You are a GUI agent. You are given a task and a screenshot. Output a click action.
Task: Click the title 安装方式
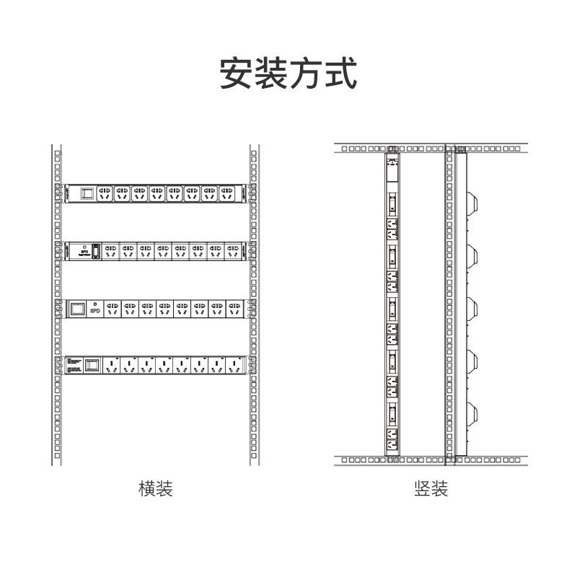coord(288,74)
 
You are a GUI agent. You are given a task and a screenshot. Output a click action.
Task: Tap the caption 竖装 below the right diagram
coord(431,489)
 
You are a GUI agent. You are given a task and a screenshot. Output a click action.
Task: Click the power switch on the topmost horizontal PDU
coord(87,193)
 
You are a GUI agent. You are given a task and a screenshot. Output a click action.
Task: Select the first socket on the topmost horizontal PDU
coord(105,193)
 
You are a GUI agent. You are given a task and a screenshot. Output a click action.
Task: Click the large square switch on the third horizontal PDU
coord(76,309)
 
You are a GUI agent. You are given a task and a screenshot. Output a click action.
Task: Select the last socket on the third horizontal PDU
coord(234,309)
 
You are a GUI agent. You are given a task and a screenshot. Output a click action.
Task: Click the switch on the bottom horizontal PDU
coord(92,364)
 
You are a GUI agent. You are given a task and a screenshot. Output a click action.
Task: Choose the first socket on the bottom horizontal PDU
coord(112,364)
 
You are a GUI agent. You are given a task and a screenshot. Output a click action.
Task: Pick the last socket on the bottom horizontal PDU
coord(234,364)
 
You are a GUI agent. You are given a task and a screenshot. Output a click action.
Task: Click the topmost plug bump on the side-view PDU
coord(473,201)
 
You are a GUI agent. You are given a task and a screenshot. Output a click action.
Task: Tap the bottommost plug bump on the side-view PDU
coord(473,413)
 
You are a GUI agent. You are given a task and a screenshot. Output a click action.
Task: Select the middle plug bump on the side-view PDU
coord(473,307)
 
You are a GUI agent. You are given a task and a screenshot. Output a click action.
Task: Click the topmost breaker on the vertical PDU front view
coord(392,203)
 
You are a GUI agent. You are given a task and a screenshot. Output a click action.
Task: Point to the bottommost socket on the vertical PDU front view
coord(392,437)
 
